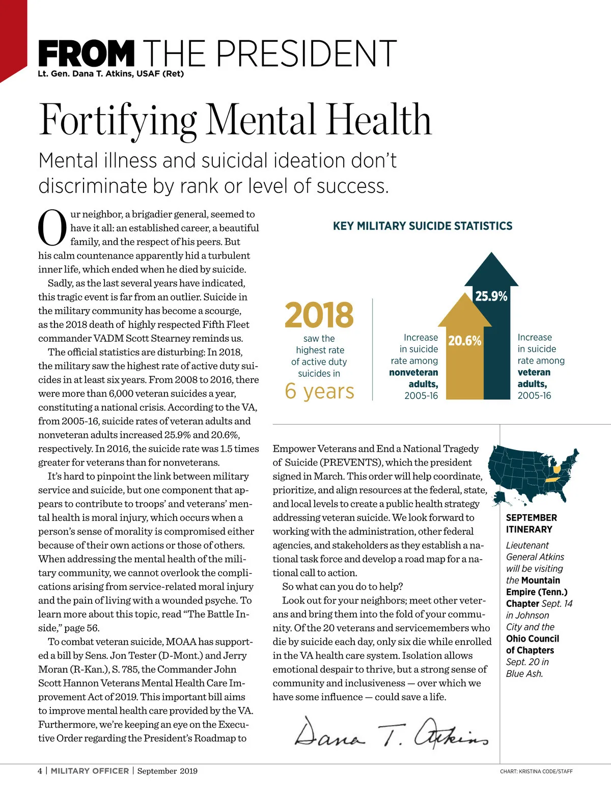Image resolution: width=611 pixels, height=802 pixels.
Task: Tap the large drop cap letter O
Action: click(x=52, y=228)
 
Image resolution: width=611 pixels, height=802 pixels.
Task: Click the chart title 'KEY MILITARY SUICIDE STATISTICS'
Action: click(x=423, y=226)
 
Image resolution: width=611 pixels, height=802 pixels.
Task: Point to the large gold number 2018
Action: click(x=319, y=315)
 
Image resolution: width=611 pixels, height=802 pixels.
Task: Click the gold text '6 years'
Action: click(x=319, y=391)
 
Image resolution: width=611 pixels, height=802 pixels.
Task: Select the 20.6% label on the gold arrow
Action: click(x=464, y=341)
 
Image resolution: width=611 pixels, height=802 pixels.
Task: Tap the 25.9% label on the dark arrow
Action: click(x=491, y=296)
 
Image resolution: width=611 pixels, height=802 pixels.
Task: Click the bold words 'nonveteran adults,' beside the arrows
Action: click(x=413, y=378)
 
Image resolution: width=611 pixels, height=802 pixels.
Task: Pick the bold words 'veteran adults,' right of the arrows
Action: click(x=534, y=378)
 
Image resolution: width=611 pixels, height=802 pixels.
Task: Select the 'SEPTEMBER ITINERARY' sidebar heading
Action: click(x=531, y=523)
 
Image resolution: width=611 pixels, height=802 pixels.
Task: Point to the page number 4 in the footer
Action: click(x=40, y=771)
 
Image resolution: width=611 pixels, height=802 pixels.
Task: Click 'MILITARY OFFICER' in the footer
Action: click(x=90, y=771)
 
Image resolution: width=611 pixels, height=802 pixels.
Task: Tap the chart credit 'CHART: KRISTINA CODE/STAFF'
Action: click(x=536, y=771)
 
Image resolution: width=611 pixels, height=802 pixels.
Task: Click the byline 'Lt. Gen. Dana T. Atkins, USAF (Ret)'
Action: click(x=110, y=74)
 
